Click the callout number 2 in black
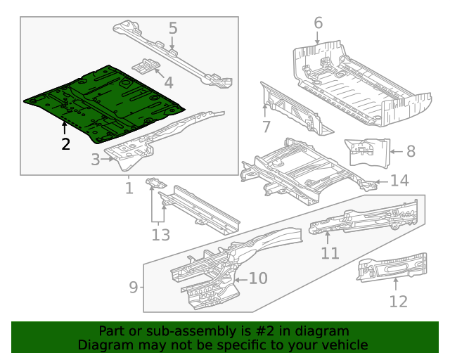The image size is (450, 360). pos(65,145)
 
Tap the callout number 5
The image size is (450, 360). pos(172,29)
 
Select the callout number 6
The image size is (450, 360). pos(318,22)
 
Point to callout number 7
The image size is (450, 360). pos(266,127)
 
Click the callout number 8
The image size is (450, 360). pos(411,150)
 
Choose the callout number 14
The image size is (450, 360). pos(399,181)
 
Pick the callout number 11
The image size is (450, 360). pos(330,253)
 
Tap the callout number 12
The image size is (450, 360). pos(398,302)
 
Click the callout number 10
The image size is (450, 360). pos(258,278)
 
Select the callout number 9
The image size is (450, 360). pos(134,287)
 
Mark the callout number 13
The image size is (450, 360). pos(160,234)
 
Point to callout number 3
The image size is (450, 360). pos(96,160)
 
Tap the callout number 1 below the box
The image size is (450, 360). pos(129,188)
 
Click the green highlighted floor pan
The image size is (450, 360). pos(105,102)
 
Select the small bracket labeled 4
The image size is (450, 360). pos(147,65)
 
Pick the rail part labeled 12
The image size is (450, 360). pos(394,266)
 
